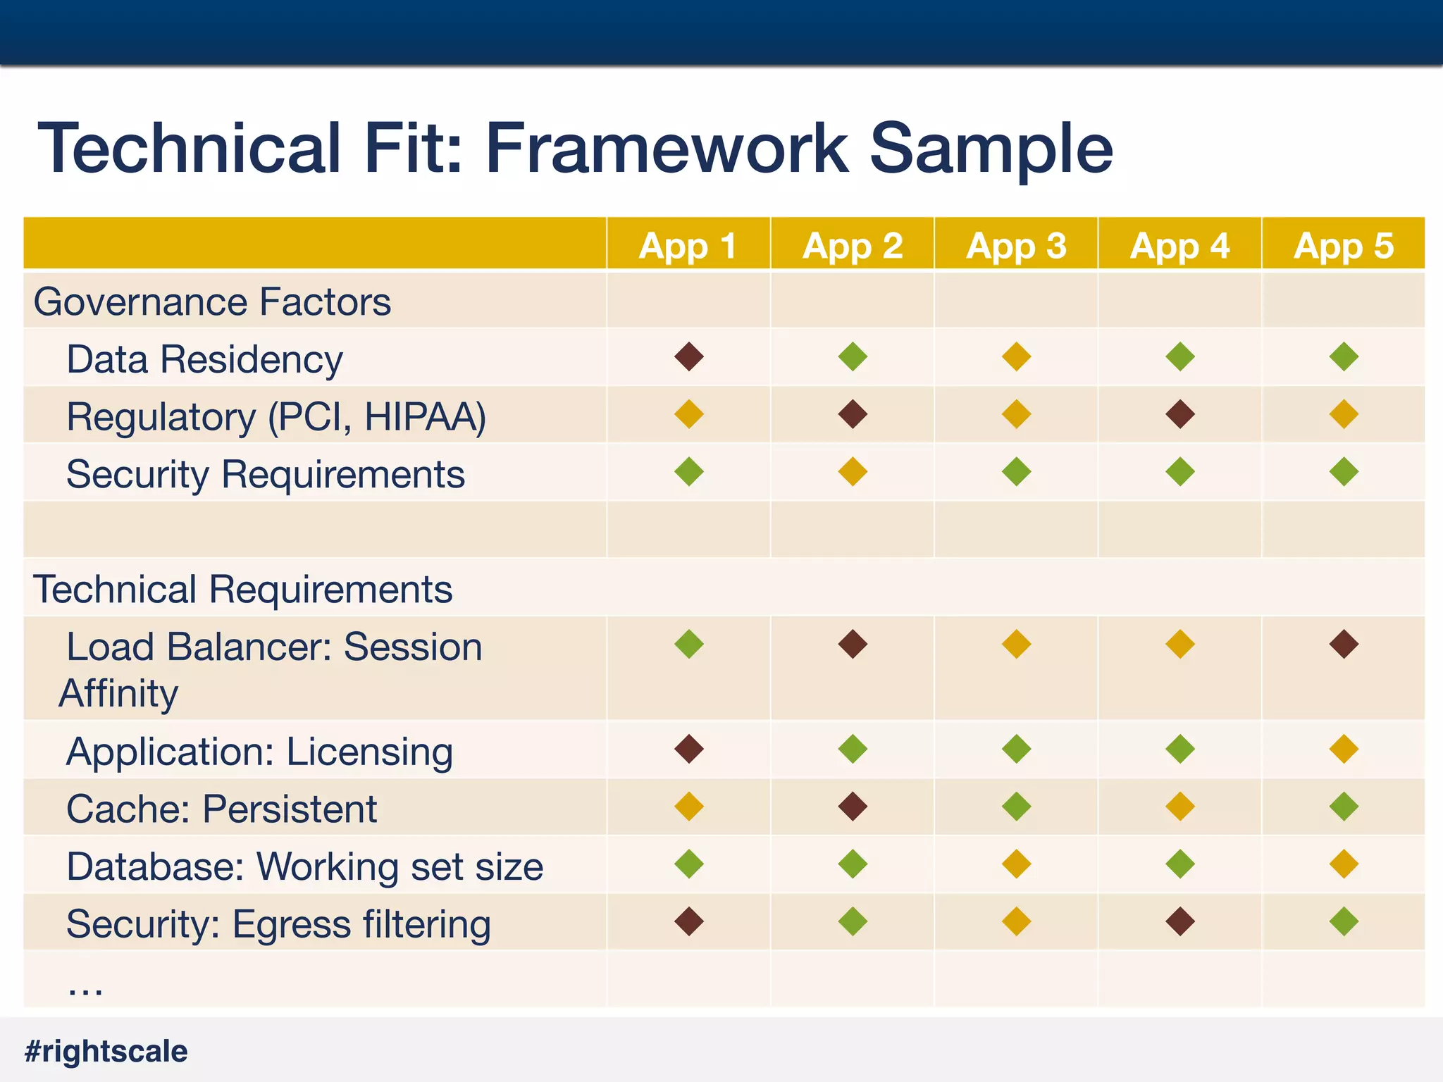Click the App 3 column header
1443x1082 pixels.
1016,246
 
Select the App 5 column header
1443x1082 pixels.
1344,246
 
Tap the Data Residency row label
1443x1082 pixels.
204,359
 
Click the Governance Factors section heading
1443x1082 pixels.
212,301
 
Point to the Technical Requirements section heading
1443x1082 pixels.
242,589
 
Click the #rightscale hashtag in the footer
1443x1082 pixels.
106,1051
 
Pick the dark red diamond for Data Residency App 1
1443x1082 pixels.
689,356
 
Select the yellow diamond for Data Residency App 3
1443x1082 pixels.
1016,356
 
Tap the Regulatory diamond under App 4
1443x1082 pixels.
1180,414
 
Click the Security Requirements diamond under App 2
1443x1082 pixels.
853,472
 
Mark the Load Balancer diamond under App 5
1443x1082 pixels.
1344,644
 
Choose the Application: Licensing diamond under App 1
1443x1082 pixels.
689,749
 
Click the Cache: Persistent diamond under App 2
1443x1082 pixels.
853,807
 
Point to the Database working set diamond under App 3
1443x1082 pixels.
1016,864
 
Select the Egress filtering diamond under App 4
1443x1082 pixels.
1180,921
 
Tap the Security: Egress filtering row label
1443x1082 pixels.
278,924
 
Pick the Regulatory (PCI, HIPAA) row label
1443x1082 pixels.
276,416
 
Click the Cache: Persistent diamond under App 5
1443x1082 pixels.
1344,807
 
